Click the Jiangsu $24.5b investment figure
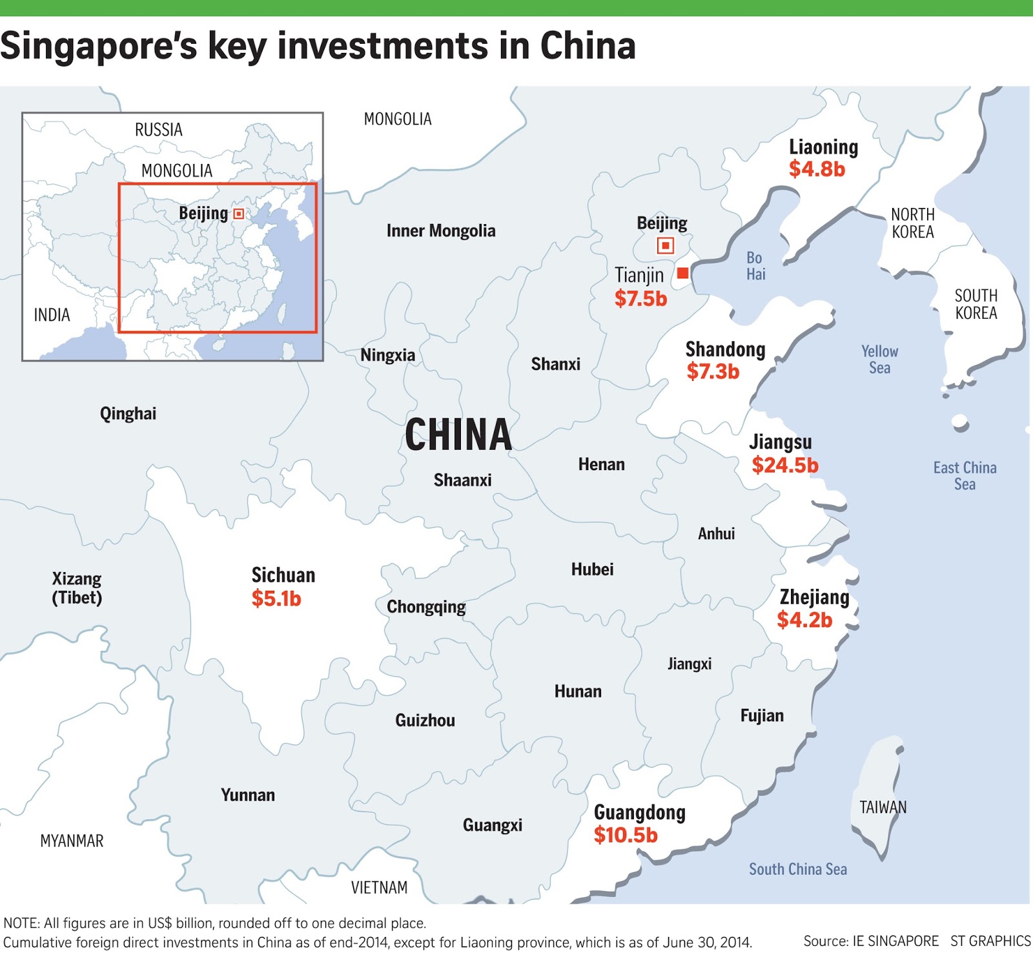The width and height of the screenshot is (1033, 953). coord(784,465)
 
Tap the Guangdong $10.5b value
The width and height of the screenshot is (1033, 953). coord(625,835)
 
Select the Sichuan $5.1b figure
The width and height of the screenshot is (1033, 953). coord(276,599)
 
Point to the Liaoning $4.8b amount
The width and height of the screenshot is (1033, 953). coord(817,169)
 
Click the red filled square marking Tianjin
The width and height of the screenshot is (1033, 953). coord(682,273)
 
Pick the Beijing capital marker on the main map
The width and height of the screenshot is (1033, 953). coord(666,245)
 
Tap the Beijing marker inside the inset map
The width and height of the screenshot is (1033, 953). coord(239,214)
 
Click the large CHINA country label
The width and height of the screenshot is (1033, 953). coord(458,435)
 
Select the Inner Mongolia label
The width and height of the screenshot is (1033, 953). coord(441,231)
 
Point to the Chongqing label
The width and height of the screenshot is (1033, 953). coord(426,607)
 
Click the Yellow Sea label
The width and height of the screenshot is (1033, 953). coord(879,360)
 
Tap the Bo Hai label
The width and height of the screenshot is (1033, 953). coord(755,266)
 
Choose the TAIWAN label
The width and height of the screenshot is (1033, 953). coord(883,807)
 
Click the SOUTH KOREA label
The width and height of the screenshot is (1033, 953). coord(976,304)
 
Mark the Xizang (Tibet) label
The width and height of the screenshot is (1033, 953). coord(77,588)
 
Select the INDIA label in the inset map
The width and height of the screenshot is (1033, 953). coord(52,315)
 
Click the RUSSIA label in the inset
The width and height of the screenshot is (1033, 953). coord(158,130)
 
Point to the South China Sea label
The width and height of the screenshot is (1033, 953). coord(797,869)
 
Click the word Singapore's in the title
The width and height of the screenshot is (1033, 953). coord(98,46)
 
